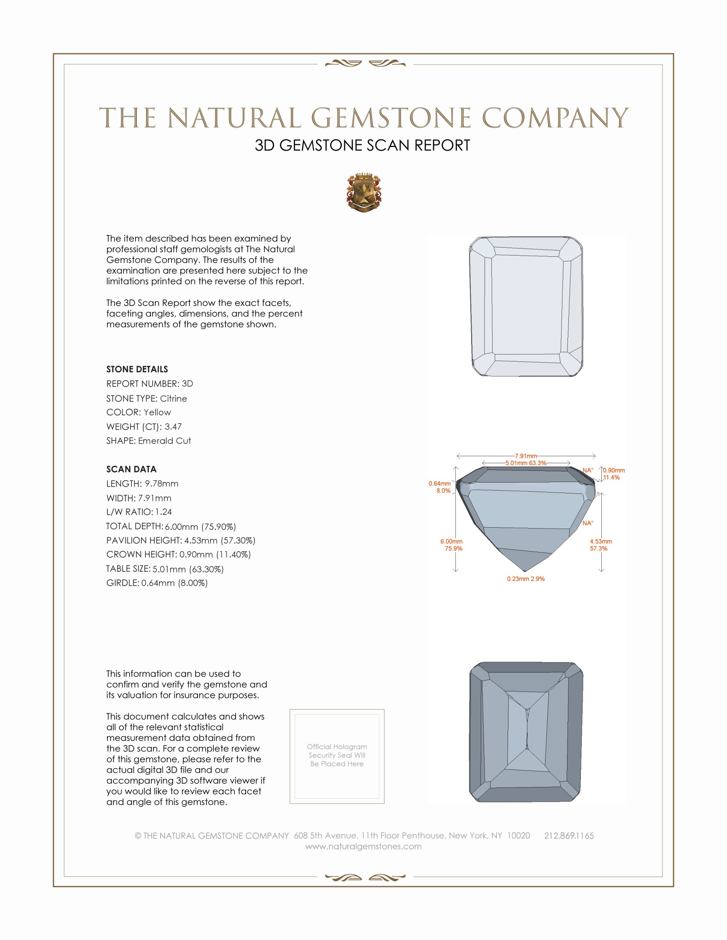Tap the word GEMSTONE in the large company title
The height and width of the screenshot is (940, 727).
click(391, 118)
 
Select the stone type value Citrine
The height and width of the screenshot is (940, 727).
click(173, 399)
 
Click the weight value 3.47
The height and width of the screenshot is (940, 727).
click(173, 426)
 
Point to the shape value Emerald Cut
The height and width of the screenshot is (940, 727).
click(164, 441)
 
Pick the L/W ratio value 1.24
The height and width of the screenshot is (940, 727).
click(164, 512)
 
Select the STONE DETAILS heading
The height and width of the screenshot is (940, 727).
click(137, 369)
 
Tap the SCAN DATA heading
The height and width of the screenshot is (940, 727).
click(131, 469)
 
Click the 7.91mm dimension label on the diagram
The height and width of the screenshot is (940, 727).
click(526, 456)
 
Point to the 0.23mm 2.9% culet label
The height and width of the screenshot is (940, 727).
click(526, 579)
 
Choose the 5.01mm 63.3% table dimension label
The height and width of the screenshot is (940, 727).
click(526, 463)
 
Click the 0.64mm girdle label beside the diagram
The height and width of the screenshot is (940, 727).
click(440, 484)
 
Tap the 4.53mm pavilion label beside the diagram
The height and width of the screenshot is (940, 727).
click(601, 541)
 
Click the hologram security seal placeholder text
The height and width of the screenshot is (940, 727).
click(337, 755)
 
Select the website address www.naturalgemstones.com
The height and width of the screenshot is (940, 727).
click(363, 846)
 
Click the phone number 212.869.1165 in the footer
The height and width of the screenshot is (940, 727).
click(568, 836)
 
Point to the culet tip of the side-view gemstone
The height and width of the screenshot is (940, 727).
click(525, 571)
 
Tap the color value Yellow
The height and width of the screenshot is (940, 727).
click(157, 412)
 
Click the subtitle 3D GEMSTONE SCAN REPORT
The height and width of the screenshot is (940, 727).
click(362, 145)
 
